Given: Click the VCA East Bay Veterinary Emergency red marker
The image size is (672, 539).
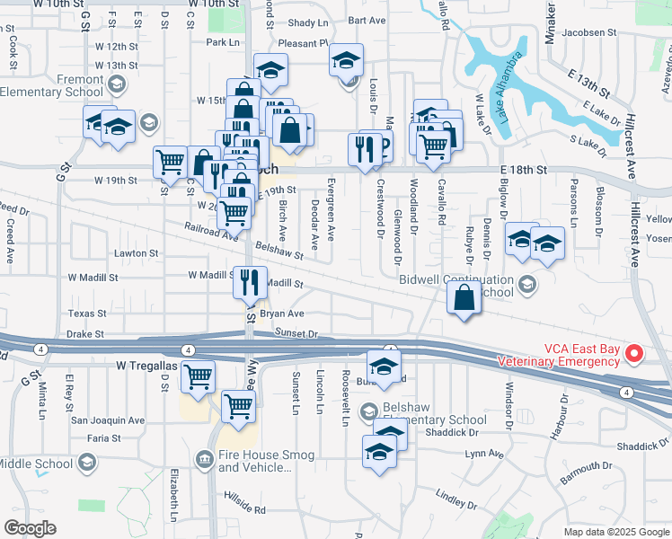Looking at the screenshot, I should point(633,354).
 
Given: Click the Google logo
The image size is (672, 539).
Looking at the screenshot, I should point(31,527).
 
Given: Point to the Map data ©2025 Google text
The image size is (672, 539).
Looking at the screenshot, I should point(615,532).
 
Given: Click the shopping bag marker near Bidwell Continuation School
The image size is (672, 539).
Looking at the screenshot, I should point(464,299).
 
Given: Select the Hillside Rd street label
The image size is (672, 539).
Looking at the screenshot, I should point(245,509).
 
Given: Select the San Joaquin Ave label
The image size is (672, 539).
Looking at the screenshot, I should point(108,420).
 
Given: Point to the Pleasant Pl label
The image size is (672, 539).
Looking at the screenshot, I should point(303,42).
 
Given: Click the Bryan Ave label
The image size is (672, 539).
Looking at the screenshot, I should point(283,314).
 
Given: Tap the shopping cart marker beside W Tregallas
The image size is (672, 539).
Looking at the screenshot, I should point(198,377).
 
